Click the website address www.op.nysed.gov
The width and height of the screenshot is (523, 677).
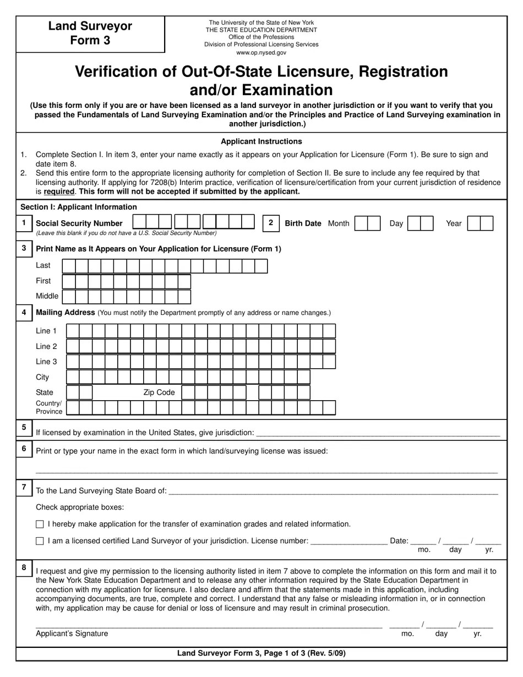pyautogui.click(x=261, y=53)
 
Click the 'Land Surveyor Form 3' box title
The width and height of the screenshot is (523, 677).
pyautogui.click(x=90, y=33)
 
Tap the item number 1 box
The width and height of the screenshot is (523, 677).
pyautogui.click(x=24, y=223)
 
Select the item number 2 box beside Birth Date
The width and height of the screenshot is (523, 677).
pyautogui.click(x=270, y=223)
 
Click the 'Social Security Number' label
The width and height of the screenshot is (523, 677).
pyautogui.click(x=79, y=223)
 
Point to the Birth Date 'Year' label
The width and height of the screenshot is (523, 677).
pyautogui.click(x=454, y=223)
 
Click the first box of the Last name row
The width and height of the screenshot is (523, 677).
pyautogui.click(x=69, y=266)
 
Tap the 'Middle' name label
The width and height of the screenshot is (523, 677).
pyautogui.click(x=47, y=296)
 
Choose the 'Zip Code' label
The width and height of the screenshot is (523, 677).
pyautogui.click(x=159, y=392)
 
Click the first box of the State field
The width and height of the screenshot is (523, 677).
pyautogui.click(x=73, y=392)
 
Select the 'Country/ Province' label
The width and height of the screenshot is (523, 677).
pyautogui.click(x=49, y=407)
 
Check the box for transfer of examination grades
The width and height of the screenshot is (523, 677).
pyautogui.click(x=40, y=525)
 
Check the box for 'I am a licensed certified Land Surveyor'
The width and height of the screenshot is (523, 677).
pyautogui.click(x=40, y=541)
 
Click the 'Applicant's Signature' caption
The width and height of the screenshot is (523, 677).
pyautogui.click(x=72, y=634)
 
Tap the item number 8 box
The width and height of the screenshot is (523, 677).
pyautogui.click(x=24, y=567)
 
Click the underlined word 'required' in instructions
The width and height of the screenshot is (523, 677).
pyautogui.click(x=59, y=192)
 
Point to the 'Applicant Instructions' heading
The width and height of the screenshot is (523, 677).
pyautogui.click(x=261, y=141)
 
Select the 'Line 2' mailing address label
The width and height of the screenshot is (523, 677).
pyautogui.click(x=46, y=346)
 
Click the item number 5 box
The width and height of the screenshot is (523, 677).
pyautogui.click(x=24, y=427)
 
